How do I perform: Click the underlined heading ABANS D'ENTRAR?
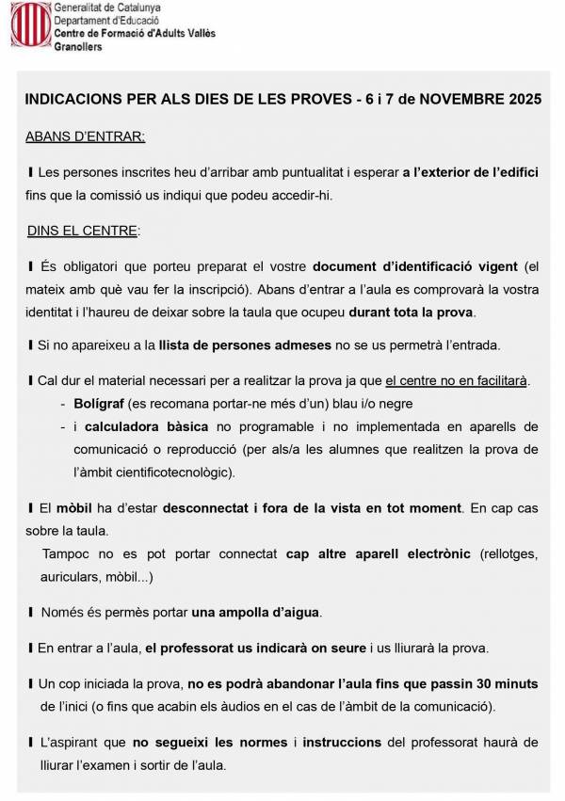(85, 137)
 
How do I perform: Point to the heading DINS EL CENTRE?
(83, 230)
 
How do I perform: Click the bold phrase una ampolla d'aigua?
(256, 613)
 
